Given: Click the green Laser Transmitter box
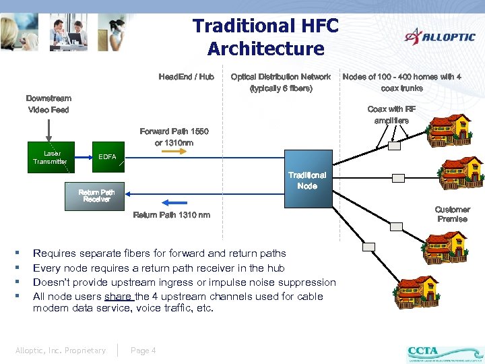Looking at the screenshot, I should (x=50, y=158).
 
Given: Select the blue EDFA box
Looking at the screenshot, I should (x=107, y=157).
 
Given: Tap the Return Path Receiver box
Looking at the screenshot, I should (x=96, y=195).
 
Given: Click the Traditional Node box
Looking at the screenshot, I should (x=307, y=181).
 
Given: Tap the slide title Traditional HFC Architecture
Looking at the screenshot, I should (x=265, y=37).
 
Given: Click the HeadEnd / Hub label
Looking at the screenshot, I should (x=186, y=77).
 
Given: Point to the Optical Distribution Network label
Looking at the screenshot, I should (x=281, y=82).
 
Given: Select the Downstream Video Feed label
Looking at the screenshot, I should (x=48, y=104).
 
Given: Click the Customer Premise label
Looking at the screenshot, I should (x=452, y=214).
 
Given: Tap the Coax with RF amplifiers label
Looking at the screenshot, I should (x=391, y=115).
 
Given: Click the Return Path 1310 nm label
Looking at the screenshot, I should (x=171, y=215).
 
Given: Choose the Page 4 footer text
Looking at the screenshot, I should (x=143, y=350).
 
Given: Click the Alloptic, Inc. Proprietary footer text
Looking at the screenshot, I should (x=61, y=350).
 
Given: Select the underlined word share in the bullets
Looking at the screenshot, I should (x=119, y=297).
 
